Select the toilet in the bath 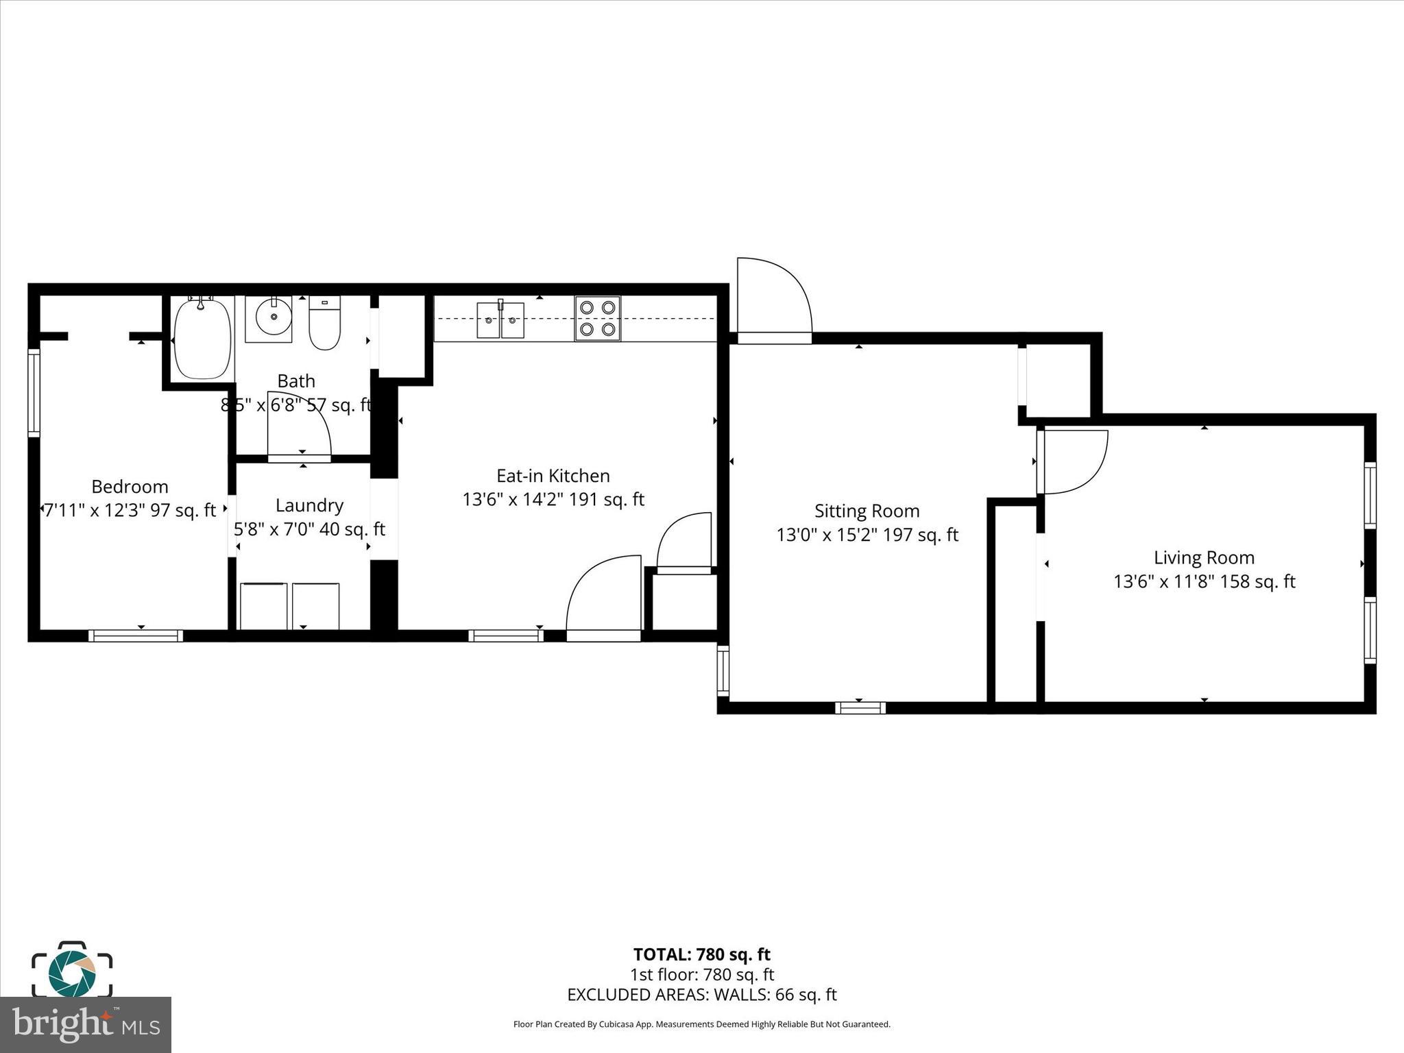[324, 324]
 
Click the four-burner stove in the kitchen [597, 319]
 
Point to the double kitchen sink [500, 320]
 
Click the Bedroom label [130, 487]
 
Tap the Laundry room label [309, 505]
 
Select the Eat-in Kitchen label [553, 476]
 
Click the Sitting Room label [867, 511]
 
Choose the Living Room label [1204, 557]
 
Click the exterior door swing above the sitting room [773, 299]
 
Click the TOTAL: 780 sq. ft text [701, 954]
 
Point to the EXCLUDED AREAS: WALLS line [701, 995]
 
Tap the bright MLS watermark [86, 1025]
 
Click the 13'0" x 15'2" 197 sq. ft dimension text [867, 535]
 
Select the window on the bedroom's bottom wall [136, 636]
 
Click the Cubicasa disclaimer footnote [701, 1024]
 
